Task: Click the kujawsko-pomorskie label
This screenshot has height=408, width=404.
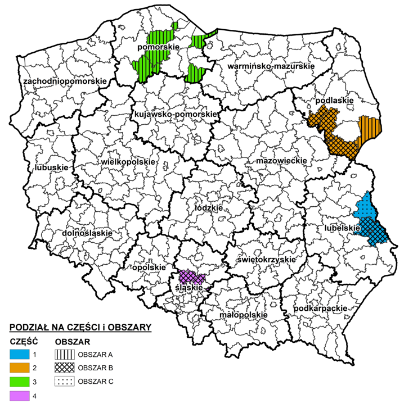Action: (176, 115)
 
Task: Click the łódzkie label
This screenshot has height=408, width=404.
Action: (208, 207)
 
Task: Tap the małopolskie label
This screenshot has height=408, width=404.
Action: (243, 315)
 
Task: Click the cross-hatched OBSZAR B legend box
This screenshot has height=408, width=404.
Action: (65, 368)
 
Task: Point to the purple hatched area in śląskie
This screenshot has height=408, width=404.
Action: (191, 277)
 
